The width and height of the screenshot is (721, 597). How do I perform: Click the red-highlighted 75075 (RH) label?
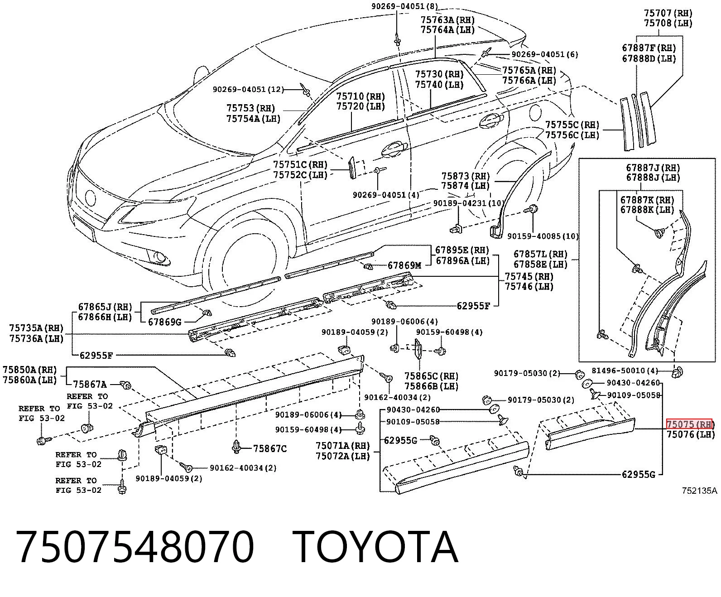tap(689, 424)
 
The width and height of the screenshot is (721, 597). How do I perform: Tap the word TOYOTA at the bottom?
tap(375, 547)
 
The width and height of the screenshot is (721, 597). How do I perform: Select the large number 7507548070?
tap(135, 547)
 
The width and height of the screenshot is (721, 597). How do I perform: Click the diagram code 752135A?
tap(699, 491)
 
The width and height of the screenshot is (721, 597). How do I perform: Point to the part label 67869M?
tap(404, 265)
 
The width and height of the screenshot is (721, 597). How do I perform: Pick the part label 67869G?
tap(165, 322)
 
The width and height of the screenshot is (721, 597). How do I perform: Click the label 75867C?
tap(270, 449)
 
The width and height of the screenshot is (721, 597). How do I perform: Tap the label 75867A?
tap(90, 384)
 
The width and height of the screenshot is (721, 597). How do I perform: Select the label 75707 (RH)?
tap(668, 13)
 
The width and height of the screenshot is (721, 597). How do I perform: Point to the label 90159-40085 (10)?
tap(543, 236)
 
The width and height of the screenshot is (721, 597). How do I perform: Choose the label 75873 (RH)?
tap(466, 176)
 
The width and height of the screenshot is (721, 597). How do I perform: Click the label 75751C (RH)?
tap(300, 164)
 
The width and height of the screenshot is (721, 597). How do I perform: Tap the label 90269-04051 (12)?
tap(248, 90)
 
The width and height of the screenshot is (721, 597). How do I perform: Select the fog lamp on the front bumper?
tap(159, 257)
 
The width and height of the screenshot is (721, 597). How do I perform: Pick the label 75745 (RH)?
tap(529, 276)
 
